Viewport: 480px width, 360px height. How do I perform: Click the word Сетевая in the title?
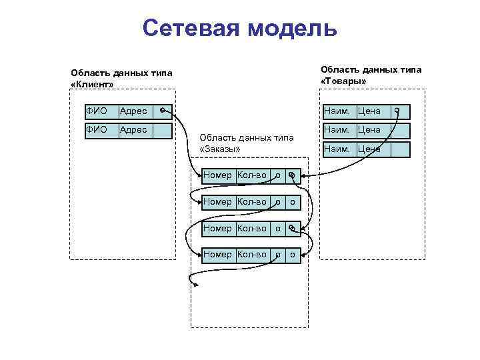[x=191, y=29]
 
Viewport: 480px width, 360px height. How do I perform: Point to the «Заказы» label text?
[x=219, y=148]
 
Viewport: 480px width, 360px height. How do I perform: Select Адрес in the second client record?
[x=133, y=129]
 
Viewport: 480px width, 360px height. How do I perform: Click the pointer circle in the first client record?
[x=163, y=110]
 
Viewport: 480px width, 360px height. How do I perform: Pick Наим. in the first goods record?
[x=337, y=111]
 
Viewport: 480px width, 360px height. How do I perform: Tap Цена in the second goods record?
[x=369, y=129]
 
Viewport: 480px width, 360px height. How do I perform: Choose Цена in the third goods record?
[x=369, y=149]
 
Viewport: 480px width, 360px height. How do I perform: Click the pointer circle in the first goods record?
[x=397, y=110]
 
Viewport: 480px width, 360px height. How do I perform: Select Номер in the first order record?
[x=217, y=175]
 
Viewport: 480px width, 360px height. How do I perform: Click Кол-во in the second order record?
[x=252, y=201]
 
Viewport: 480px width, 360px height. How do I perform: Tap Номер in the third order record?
[x=217, y=228]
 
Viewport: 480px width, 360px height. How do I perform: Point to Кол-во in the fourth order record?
[x=252, y=254]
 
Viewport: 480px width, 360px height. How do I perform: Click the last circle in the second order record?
[x=293, y=201]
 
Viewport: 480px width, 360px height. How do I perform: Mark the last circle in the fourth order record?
[x=293, y=254]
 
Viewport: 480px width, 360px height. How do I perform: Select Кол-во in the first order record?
[x=252, y=175]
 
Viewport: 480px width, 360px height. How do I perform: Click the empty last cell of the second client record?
[x=162, y=129]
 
